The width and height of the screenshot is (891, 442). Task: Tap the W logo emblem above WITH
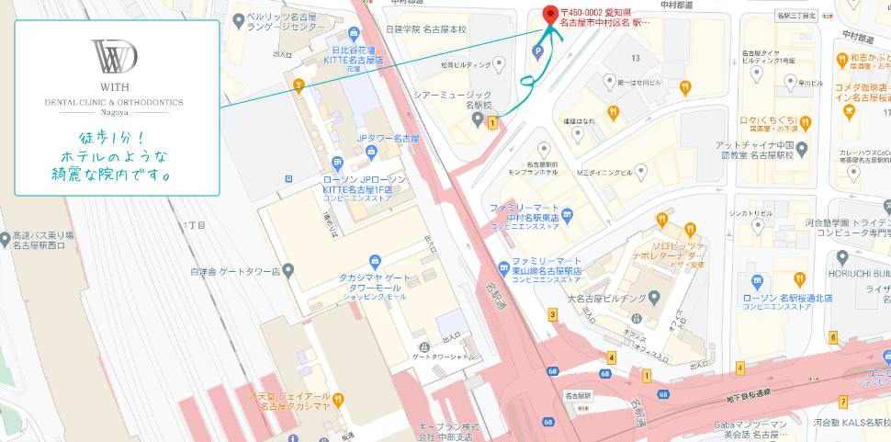coord(117,57)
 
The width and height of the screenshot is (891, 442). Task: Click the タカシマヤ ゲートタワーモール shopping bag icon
coord(374,262)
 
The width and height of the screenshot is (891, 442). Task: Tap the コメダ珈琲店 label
coord(860,92)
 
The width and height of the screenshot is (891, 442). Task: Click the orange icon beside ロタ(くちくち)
coord(805,120)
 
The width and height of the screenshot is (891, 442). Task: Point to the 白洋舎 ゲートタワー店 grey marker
coord(288,271)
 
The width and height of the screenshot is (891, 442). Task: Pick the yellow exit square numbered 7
coord(842,402)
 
